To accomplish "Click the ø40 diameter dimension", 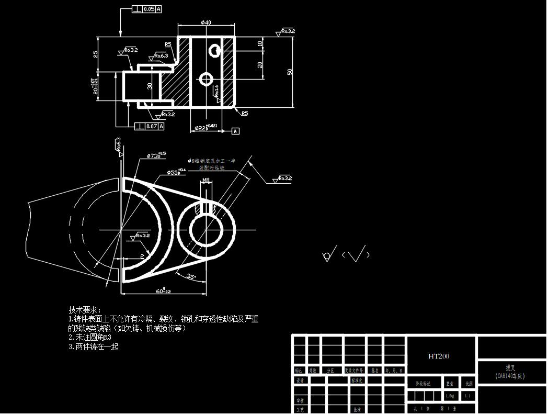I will (206, 23).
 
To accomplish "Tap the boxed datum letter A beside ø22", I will (235, 131).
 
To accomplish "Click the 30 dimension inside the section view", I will (150, 86).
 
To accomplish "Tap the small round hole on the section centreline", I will (206, 79).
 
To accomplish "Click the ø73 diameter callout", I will (156, 155).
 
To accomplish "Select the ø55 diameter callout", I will (176, 172).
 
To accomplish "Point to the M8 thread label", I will (206, 181).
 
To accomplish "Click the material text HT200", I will (439, 356).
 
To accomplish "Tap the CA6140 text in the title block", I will (510, 376).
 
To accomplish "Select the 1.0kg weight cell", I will (449, 396).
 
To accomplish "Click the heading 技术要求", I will (85, 310).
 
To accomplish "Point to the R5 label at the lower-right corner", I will (244, 113).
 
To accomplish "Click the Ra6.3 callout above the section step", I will (161, 55).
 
